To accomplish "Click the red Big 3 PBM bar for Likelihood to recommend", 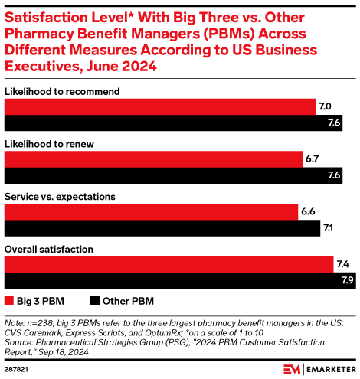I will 160,106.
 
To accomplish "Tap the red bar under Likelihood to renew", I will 153,158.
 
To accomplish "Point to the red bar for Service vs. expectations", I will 152,211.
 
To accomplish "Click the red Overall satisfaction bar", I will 169,264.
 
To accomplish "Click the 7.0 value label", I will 326,106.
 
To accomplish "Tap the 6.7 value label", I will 313,158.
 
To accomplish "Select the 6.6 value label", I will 309,211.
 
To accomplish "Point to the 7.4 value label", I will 344,264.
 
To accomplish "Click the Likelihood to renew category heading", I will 45,144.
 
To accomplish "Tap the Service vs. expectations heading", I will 60,197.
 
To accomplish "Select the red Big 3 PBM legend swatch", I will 10,301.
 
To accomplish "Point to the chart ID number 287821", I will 18,368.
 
